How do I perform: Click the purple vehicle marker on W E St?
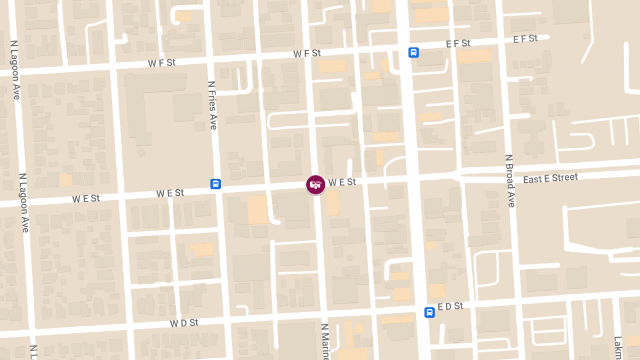[x=316, y=185]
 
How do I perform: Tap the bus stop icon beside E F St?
[x=413, y=52]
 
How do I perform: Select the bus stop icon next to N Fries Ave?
[x=215, y=184]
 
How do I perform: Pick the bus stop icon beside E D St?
[x=429, y=312]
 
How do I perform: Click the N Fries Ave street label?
[x=212, y=105]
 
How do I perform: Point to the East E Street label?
[x=550, y=178]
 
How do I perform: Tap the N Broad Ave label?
[x=510, y=181]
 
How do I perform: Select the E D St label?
[x=450, y=307]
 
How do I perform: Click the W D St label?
[x=184, y=323]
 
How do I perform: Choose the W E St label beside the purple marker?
[x=342, y=182]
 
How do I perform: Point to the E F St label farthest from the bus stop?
[x=525, y=39]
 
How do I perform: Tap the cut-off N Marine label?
[x=325, y=341]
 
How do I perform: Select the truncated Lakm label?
[x=618, y=347]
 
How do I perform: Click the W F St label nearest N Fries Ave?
[x=162, y=63]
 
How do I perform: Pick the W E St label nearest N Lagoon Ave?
[x=86, y=198]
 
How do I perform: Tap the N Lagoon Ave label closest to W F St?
[x=15, y=69]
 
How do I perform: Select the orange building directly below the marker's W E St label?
[x=332, y=203]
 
